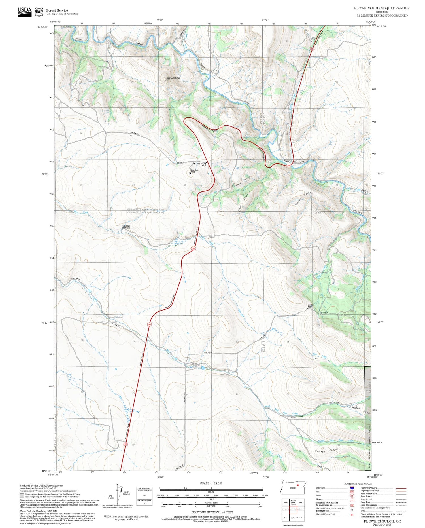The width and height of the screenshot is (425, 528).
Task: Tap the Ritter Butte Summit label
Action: point(200,164)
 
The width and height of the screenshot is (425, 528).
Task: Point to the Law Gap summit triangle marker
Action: point(308,308)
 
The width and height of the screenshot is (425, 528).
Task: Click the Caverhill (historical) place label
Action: point(126,227)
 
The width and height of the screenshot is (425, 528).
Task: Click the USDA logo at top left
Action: point(25,12)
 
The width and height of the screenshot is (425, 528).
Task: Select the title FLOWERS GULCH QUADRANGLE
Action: point(381,8)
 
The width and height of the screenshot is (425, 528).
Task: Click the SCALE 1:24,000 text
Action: point(211,483)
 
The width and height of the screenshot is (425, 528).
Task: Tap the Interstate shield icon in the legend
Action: point(352,488)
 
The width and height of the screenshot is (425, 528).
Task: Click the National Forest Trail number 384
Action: point(352,514)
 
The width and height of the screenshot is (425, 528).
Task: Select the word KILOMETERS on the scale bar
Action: point(211,502)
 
